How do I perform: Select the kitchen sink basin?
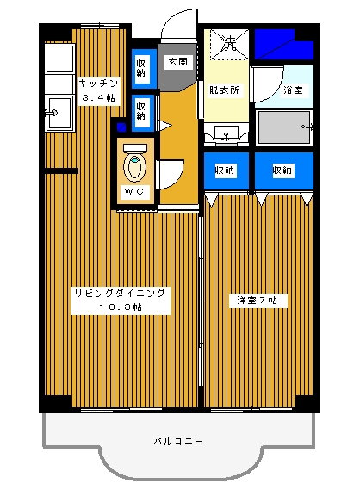59,113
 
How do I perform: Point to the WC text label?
135,190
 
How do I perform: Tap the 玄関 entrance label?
178,62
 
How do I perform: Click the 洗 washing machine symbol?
228,40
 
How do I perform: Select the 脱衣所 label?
223,90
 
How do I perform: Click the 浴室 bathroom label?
294,90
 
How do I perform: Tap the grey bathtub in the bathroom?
284,127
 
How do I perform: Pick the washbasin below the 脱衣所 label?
227,133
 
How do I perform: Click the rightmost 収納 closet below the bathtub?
282,170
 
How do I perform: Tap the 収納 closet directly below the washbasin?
226,170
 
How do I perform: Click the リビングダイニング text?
120,293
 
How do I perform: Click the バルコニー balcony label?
178,441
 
